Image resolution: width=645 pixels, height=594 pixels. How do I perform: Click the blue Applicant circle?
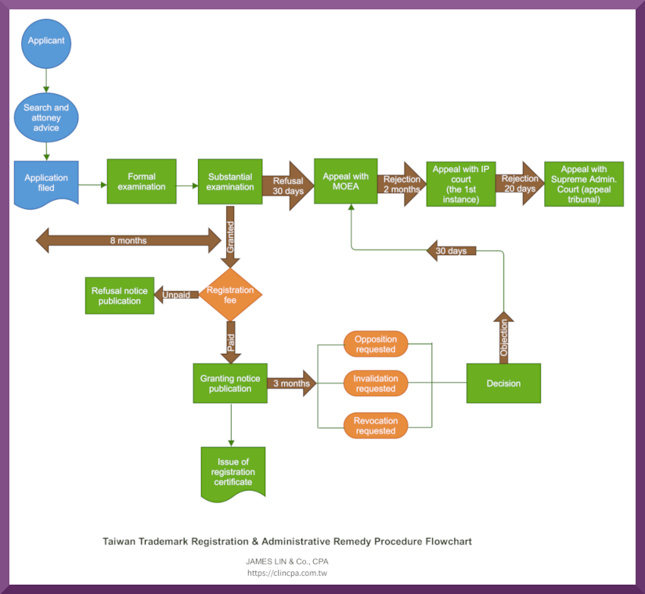click(46, 41)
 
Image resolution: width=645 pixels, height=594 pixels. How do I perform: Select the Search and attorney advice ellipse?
click(46, 117)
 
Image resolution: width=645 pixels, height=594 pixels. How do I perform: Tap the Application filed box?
click(46, 183)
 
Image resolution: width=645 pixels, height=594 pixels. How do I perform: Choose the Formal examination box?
click(142, 182)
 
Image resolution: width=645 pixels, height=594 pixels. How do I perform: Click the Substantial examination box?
click(230, 182)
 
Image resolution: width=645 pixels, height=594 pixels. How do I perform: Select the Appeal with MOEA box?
click(346, 182)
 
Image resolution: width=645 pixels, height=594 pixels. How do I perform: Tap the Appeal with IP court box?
click(461, 184)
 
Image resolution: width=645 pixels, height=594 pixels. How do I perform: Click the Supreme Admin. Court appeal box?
click(584, 184)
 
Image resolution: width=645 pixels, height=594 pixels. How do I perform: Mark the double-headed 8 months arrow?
click(128, 240)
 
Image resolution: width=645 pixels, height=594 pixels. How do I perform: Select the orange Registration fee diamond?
click(230, 294)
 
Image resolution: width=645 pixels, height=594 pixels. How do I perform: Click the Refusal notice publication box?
click(120, 296)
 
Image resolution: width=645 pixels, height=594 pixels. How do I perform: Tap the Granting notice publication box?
click(230, 383)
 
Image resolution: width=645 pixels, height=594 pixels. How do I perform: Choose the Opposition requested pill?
click(376, 344)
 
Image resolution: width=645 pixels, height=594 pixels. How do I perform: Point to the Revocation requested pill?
click(376, 425)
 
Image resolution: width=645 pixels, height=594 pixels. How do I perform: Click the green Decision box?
click(503, 383)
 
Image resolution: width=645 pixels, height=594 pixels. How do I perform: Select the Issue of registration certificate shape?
click(232, 472)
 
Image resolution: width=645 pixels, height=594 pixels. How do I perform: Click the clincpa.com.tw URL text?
click(287, 573)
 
